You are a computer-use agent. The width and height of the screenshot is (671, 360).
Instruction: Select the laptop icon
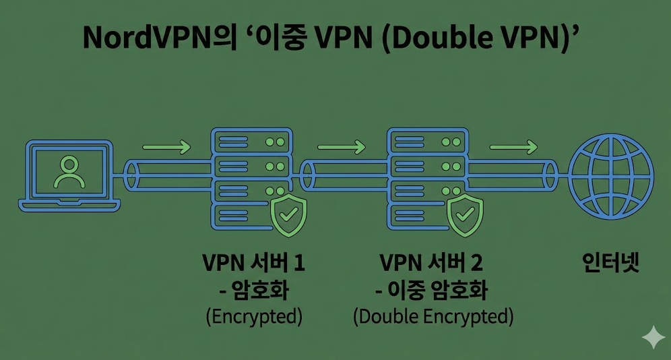point(71,176)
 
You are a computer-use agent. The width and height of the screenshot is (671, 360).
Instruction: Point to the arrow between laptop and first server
point(166,146)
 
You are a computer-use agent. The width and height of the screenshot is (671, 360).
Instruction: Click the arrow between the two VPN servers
point(341,146)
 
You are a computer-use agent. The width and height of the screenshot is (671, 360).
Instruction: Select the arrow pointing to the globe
point(513,146)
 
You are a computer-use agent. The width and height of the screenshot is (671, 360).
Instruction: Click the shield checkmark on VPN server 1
point(288,216)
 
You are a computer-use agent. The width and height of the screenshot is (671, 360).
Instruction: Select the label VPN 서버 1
point(254,264)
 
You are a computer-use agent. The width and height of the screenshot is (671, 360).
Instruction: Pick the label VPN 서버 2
point(432,264)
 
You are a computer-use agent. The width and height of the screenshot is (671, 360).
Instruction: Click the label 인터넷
point(610,264)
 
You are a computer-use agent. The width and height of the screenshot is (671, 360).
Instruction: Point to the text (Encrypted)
point(254,316)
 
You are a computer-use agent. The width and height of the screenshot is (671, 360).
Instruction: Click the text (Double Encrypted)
point(433,316)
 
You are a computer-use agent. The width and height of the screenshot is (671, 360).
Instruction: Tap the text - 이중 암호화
point(432,291)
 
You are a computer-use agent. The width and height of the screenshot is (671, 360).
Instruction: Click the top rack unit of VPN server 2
point(427,142)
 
